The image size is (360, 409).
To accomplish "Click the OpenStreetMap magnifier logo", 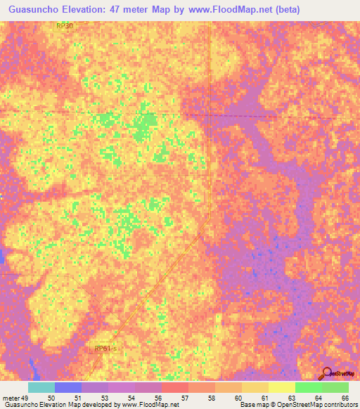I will [327, 373].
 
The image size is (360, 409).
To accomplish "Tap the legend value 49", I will [29, 398].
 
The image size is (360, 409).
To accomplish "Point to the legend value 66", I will [345, 398].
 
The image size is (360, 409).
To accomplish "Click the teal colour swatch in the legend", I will [41, 387].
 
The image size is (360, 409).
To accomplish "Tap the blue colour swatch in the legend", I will [68, 387].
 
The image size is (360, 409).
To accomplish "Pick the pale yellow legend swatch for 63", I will [281, 387].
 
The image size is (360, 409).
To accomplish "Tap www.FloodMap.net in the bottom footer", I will [148, 405].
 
